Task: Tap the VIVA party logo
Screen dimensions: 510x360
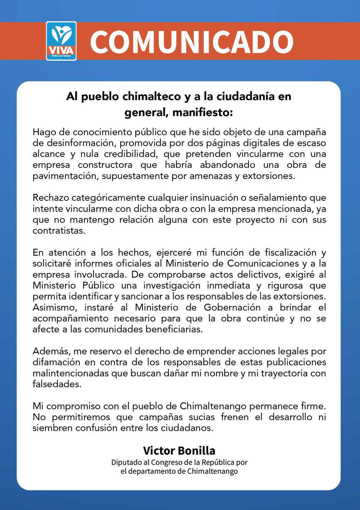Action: point(61,41)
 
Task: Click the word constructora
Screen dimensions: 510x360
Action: point(105,165)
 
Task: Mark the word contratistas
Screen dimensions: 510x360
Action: point(59,230)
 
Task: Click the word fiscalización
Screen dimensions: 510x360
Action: point(291,252)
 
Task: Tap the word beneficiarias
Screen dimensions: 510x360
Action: point(174,329)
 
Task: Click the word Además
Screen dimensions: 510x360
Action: point(51,351)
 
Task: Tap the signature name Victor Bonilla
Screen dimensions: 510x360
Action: point(179,451)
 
